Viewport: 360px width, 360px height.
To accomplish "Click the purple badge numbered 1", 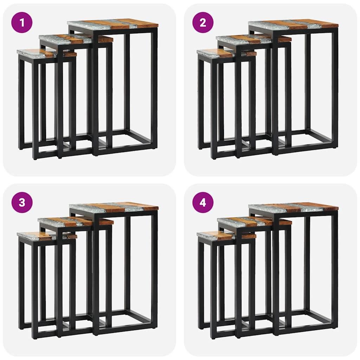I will (22, 23).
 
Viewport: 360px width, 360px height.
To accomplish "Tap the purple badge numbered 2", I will (203, 23).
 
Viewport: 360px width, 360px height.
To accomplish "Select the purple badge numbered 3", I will (22, 202).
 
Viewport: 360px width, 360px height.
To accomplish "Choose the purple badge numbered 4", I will (203, 202).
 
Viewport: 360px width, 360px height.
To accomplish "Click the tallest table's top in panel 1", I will (112, 24).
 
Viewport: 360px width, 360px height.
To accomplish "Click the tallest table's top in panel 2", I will (293, 24).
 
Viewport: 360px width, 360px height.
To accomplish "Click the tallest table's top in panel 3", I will (113, 208).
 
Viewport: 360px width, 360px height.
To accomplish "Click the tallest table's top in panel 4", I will (293, 207).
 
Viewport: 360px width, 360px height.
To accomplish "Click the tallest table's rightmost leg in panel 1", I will (154, 88).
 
